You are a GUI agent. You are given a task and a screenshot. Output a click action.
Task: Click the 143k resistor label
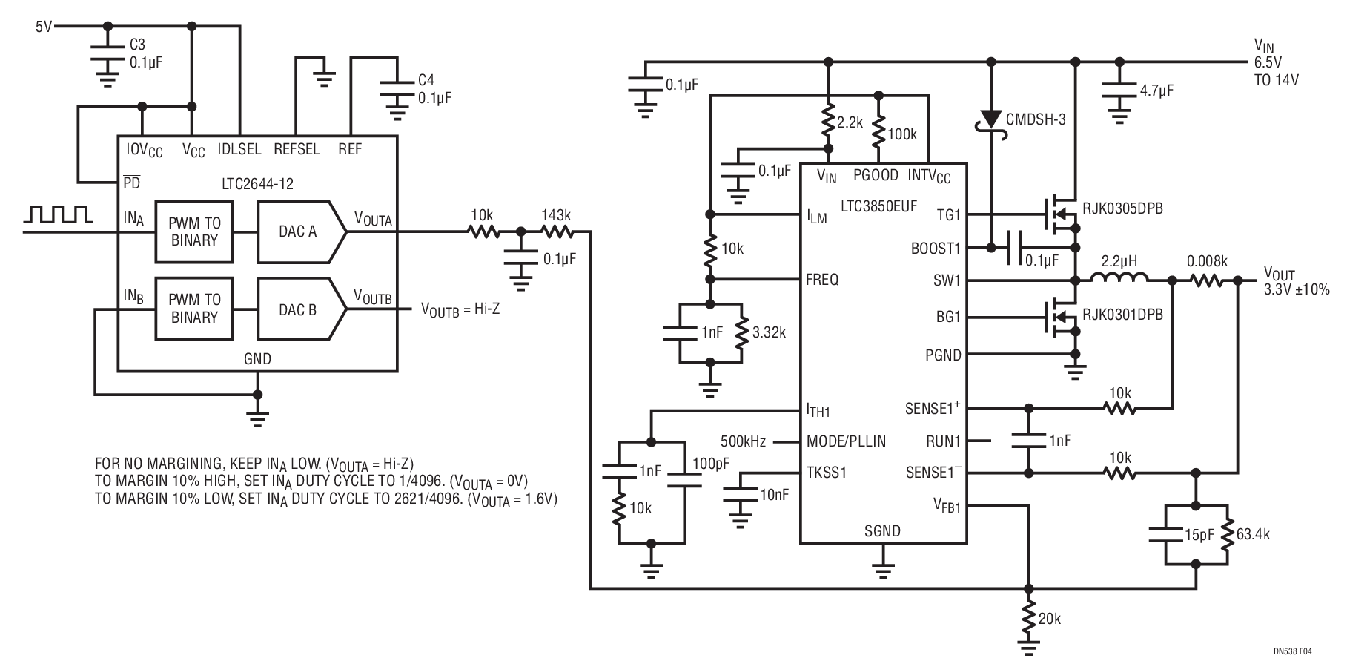click(555, 215)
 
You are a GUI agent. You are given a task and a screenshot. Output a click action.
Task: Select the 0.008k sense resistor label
click(1207, 262)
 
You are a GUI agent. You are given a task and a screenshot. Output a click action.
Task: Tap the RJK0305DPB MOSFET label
click(1122, 209)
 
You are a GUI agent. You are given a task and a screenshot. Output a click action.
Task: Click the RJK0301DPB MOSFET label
click(1122, 315)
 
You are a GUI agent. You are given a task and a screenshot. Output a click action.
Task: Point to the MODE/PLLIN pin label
click(846, 441)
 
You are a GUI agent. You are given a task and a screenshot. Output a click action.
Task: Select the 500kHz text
click(743, 441)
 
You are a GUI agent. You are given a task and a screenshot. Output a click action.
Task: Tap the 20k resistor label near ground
click(1049, 619)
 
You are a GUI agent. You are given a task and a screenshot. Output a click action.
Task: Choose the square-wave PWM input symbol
click(58, 215)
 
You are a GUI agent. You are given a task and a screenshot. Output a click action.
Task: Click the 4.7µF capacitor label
click(1156, 91)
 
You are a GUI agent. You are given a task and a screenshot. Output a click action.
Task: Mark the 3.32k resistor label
click(769, 332)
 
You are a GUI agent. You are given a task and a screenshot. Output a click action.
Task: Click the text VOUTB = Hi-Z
click(460, 309)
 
